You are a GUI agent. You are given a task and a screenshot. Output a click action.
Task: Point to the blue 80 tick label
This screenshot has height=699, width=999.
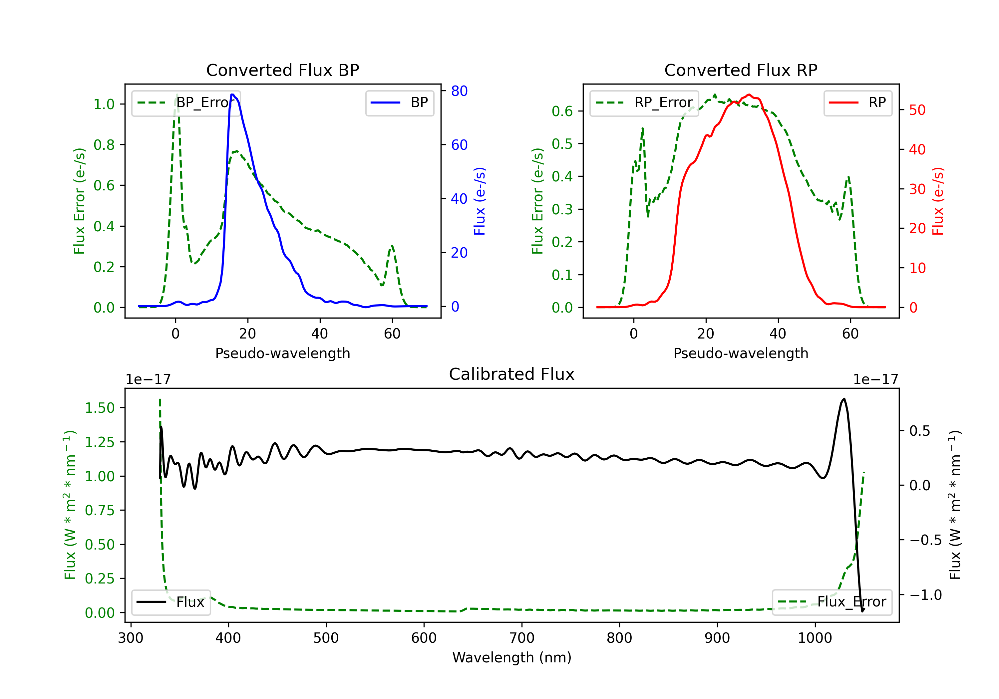point(459,91)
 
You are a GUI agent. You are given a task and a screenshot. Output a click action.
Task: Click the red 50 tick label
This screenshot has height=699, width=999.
point(917,110)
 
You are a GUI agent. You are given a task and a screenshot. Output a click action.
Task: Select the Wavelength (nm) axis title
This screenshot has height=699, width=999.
point(512,657)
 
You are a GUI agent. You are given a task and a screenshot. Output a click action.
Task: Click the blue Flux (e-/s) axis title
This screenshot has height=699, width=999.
point(480,201)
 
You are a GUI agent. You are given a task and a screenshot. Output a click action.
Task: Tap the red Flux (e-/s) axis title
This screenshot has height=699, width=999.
point(938,201)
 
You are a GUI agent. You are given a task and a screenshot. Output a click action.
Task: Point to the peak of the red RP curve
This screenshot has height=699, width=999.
point(748,95)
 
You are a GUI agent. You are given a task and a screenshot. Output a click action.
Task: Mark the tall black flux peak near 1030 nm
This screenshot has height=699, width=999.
point(844,399)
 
